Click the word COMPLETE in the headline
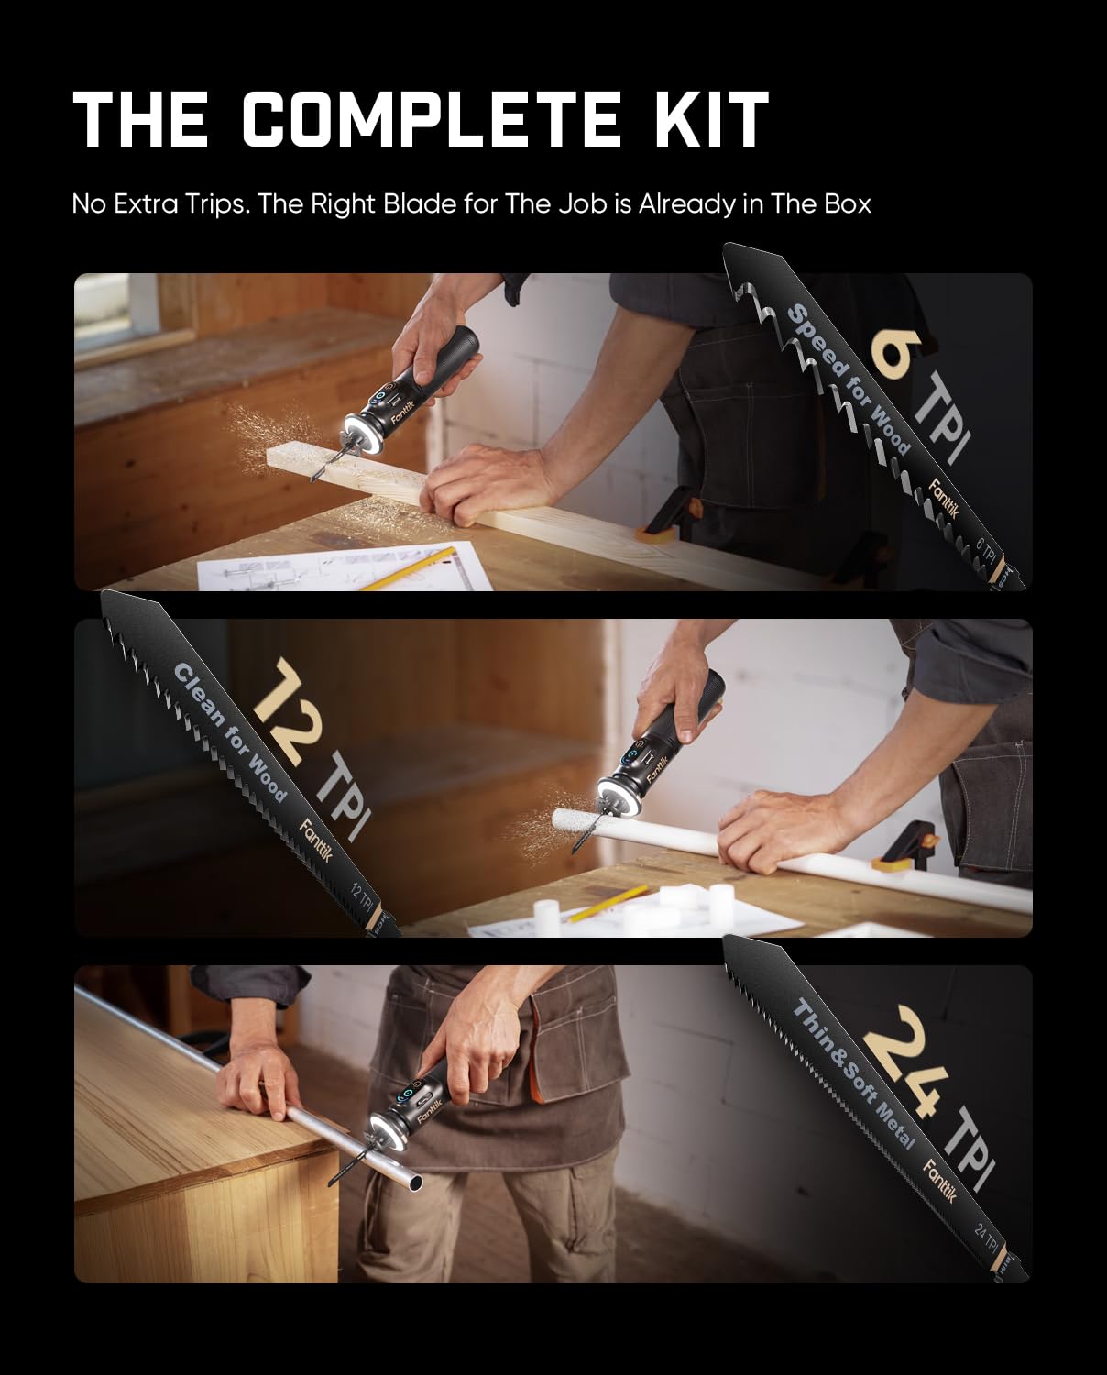pos(431,119)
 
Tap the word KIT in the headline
pos(710,119)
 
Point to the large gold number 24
pos(907,1063)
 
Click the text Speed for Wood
pos(849,379)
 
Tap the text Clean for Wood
pos(229,733)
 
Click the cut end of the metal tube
pos(415,1182)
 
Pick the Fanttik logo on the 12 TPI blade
pos(316,841)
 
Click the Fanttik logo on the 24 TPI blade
pos(940,1182)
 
